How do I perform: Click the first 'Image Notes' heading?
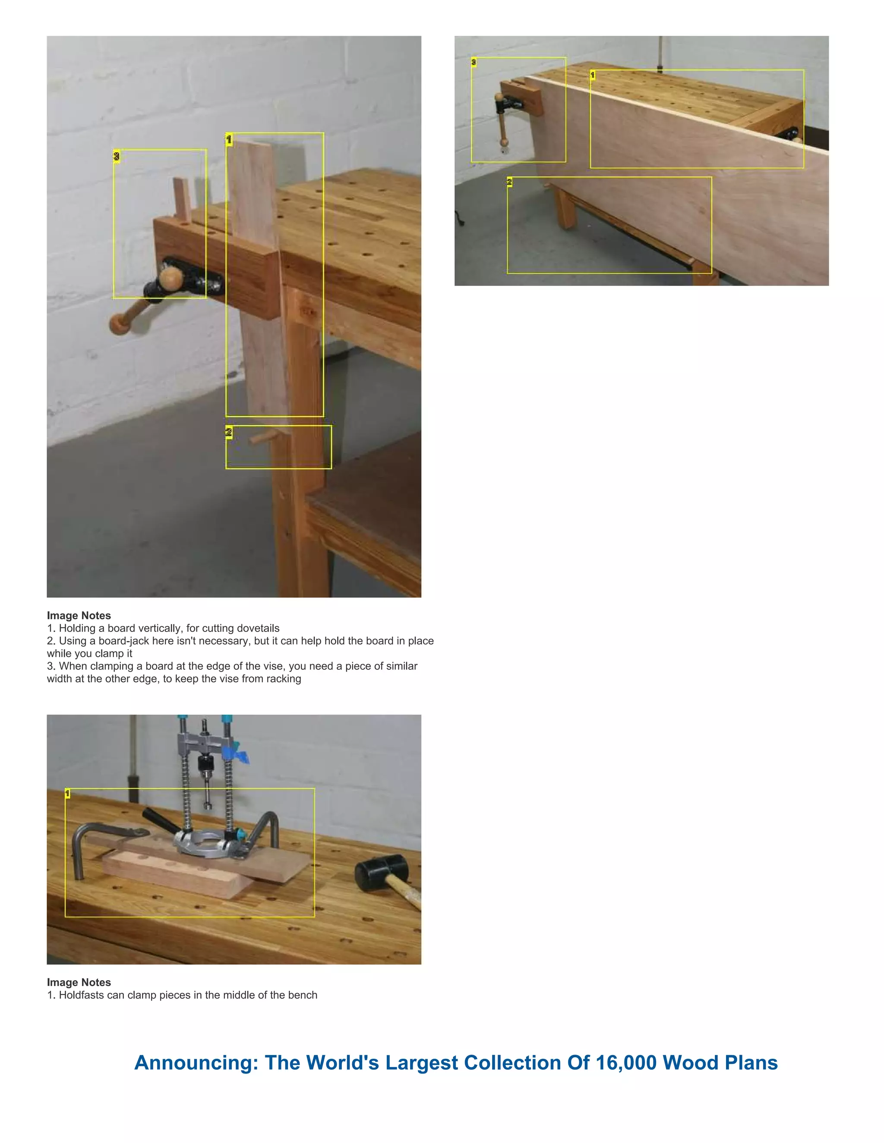[79, 615]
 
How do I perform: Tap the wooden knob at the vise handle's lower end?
[120, 324]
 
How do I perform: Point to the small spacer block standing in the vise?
[182, 199]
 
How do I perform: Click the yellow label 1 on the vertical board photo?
[229, 139]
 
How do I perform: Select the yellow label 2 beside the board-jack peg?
[229, 432]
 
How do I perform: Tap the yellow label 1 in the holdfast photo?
[68, 794]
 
